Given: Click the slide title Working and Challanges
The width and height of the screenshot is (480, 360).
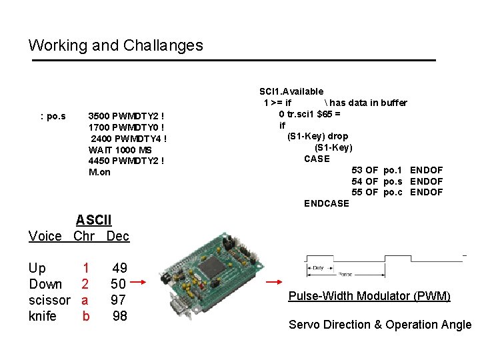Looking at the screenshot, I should click(115, 45).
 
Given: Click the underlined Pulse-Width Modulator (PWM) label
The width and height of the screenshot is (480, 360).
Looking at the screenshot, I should click(369, 296).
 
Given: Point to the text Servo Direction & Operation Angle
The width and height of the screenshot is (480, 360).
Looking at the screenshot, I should click(379, 325).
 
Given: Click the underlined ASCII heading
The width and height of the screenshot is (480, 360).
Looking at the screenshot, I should click(93, 220).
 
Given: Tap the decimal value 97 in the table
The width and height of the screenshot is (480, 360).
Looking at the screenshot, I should click(119, 300).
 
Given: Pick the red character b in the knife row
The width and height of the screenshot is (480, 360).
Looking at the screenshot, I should click(85, 316).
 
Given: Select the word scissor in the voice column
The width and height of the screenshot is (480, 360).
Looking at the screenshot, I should click(49, 300).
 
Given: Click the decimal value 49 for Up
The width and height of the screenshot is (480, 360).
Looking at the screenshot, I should click(119, 268).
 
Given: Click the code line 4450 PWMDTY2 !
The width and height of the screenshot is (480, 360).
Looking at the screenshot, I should click(125, 161).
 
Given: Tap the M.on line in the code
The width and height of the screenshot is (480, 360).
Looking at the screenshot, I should click(99, 172).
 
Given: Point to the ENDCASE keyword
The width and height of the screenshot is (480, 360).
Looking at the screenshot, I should click(326, 203).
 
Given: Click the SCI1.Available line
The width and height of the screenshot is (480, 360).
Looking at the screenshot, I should click(291, 91).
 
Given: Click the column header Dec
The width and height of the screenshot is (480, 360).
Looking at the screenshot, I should click(118, 236).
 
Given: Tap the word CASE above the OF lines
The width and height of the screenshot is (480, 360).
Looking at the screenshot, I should click(317, 159).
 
